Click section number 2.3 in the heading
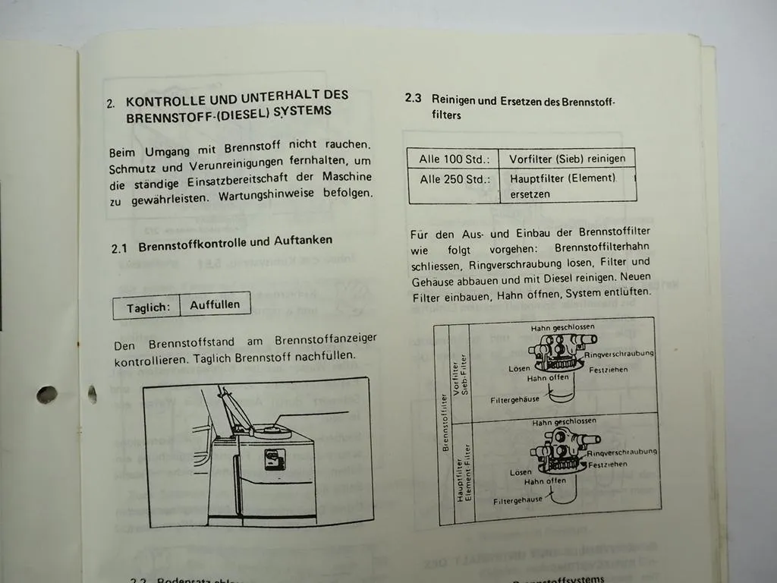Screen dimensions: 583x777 (413, 99)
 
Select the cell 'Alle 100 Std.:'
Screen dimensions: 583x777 (454, 159)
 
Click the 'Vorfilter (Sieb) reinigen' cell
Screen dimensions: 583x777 (567, 159)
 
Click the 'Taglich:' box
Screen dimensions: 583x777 (147, 307)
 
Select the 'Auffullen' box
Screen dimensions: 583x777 (215, 305)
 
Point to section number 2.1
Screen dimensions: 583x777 (122, 247)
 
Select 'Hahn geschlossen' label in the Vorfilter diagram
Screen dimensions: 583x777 (562, 327)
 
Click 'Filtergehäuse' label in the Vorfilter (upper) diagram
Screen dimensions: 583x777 (514, 399)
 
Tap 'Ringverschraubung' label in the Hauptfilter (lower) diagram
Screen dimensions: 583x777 (622, 452)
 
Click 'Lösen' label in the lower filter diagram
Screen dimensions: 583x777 (521, 472)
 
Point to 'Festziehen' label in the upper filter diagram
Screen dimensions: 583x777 (609, 370)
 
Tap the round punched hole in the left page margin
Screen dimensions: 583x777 (47, 395)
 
